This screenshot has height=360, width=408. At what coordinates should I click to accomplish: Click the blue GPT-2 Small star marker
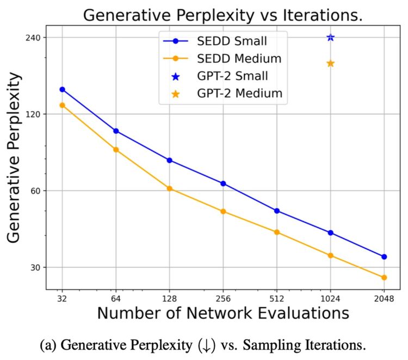click(330, 37)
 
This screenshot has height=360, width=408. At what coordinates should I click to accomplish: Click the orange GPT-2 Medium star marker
click(330, 63)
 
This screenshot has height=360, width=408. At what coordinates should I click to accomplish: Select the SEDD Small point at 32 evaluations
click(62, 89)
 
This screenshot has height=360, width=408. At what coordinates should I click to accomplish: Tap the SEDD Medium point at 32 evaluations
click(62, 105)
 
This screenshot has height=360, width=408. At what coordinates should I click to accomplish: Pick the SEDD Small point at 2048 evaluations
click(384, 257)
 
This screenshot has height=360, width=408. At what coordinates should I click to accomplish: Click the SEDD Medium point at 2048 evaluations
click(384, 278)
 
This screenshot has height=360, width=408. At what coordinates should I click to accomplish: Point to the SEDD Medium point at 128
click(169, 188)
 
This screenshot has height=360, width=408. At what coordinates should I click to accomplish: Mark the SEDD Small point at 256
click(223, 184)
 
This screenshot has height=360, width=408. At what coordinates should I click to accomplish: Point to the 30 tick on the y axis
click(36, 267)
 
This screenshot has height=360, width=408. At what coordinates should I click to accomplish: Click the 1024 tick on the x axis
click(330, 298)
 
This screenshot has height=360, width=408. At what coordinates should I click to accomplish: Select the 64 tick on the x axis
click(115, 298)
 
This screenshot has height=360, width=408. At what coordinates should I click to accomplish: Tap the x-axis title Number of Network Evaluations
click(223, 314)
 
